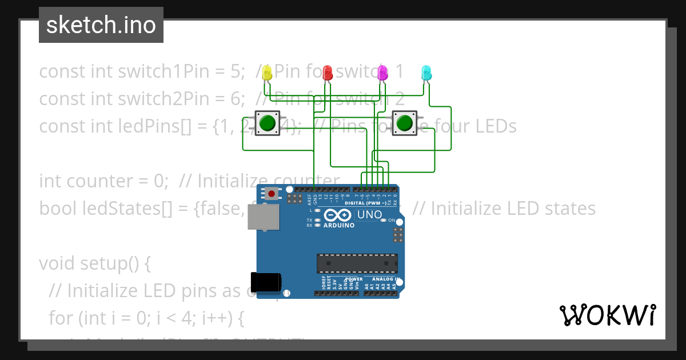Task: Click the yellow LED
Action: (x=267, y=73)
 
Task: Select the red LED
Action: (x=328, y=73)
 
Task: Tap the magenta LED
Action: (x=382, y=73)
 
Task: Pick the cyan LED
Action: (x=426, y=73)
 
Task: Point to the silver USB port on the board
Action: (x=263, y=217)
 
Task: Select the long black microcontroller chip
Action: (x=357, y=263)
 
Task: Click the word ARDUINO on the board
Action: (x=339, y=225)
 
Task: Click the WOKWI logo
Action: (x=607, y=315)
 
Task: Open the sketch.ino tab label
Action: (x=101, y=25)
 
